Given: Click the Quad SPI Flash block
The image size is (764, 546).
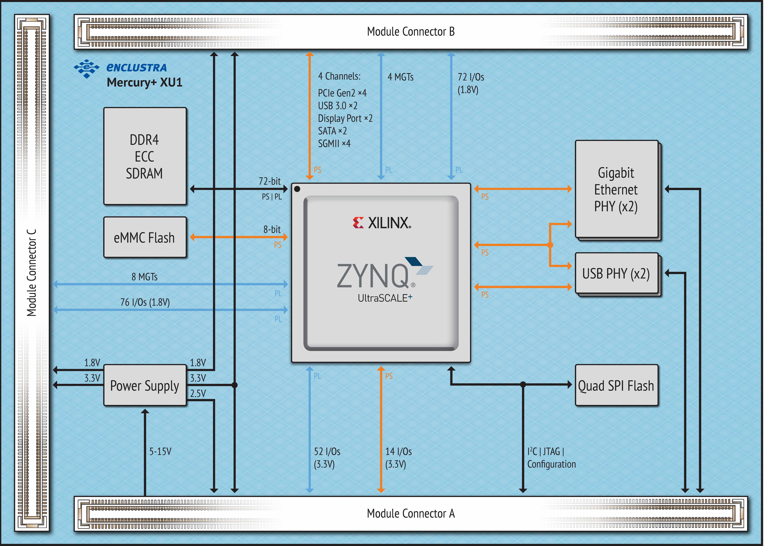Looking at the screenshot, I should (616, 385).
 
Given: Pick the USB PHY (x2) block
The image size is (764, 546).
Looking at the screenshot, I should (616, 273).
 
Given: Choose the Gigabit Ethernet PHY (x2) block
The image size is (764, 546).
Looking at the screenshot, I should (616, 189).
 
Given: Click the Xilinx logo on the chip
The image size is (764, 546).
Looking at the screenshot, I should (382, 223).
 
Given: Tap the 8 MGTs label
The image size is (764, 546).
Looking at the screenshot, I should (145, 277).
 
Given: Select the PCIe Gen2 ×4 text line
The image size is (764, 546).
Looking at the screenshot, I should (342, 93).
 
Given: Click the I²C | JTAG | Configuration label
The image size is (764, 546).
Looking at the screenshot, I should (551, 458).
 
